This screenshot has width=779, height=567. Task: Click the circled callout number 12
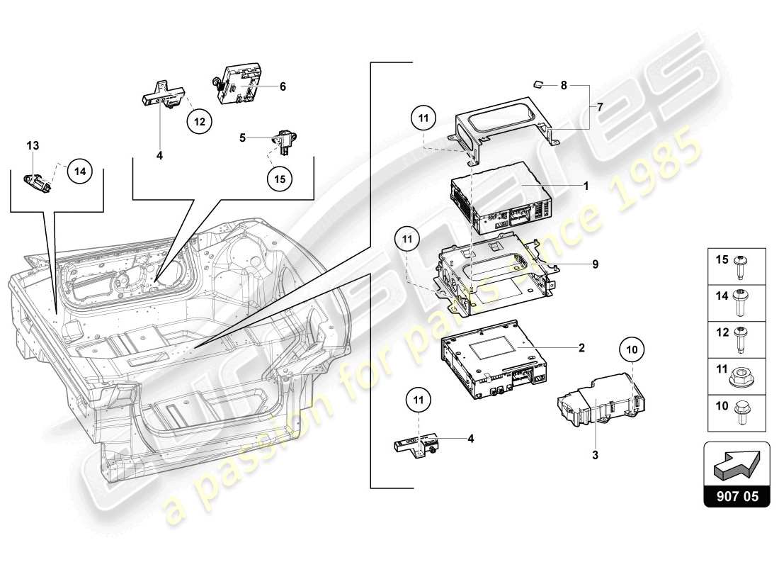[x=200, y=122]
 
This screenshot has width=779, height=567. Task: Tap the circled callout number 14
[x=80, y=171]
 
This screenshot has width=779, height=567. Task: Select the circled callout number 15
[x=280, y=179]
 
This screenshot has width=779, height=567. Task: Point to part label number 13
[x=33, y=145]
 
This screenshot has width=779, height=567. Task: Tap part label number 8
[x=564, y=85]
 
